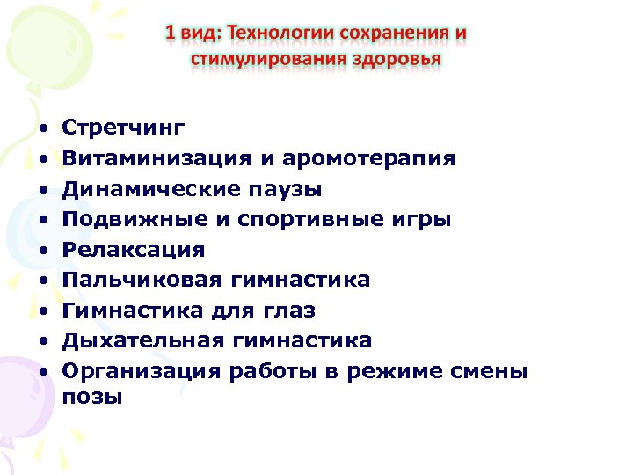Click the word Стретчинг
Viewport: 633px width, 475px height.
click(x=124, y=128)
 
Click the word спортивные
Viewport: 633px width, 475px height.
click(x=307, y=220)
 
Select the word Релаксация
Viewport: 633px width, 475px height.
click(x=134, y=250)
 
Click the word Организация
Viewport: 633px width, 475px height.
click(x=142, y=370)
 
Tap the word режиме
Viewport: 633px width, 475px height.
click(x=401, y=371)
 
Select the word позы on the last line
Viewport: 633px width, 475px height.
click(x=93, y=398)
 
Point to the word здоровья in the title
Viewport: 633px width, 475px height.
click(x=398, y=59)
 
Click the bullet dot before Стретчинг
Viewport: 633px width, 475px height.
click(x=42, y=130)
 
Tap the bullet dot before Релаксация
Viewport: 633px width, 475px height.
click(x=42, y=251)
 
